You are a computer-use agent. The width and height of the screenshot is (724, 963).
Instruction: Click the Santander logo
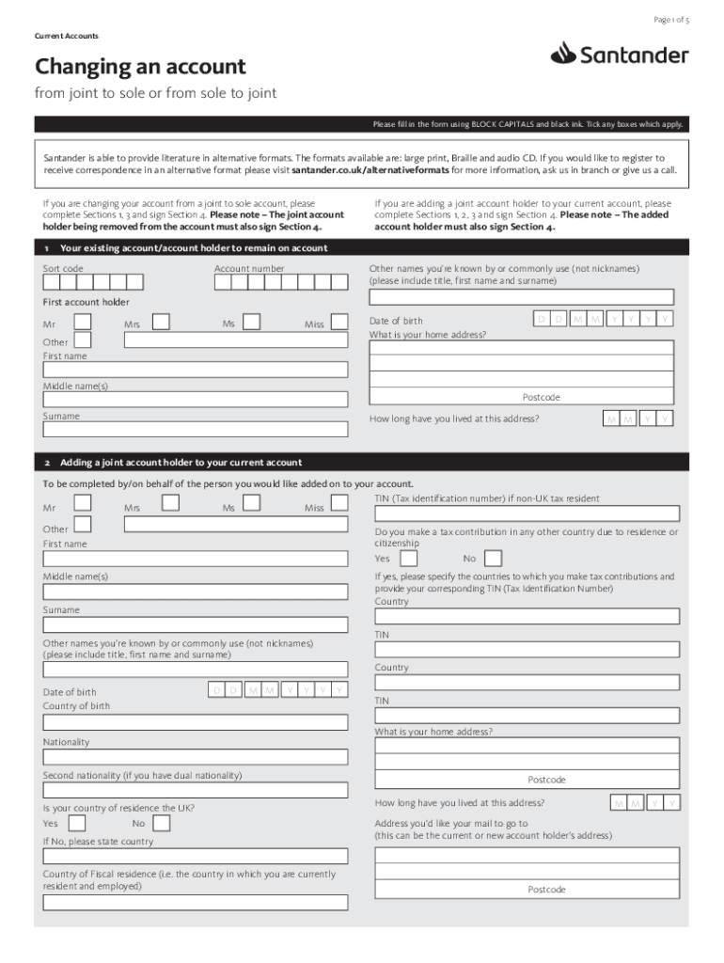[x=620, y=55]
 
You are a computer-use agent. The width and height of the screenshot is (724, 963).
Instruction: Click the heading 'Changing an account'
[x=140, y=68]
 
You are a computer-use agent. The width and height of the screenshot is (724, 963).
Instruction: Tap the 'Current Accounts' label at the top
[x=67, y=36]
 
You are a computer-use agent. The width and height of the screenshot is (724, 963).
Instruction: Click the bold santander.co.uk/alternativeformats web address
[x=370, y=171]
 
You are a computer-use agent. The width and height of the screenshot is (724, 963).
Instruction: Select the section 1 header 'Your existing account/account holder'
[x=193, y=248]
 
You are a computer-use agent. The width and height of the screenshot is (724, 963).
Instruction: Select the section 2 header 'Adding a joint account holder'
[x=181, y=463]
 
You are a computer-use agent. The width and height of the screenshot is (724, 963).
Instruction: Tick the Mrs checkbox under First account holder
[x=161, y=323]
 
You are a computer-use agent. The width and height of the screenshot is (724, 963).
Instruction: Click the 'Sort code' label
[x=63, y=269]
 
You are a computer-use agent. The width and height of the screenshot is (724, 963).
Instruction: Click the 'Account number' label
[x=249, y=269]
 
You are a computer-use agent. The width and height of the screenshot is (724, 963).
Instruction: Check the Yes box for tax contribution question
[x=409, y=558]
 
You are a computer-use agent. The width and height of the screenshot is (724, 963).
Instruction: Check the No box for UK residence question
[x=161, y=823]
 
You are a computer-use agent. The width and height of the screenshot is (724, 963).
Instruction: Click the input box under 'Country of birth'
[x=195, y=723]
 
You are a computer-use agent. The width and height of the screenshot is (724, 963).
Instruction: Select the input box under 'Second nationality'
[x=195, y=790]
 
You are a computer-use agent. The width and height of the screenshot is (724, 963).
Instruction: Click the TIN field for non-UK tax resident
[x=527, y=513]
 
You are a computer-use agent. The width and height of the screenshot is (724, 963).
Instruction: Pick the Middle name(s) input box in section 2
[x=195, y=592]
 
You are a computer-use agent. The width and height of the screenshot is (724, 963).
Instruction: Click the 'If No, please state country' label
[x=98, y=842]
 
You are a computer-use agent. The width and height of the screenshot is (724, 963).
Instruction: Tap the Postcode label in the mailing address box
[x=546, y=890]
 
